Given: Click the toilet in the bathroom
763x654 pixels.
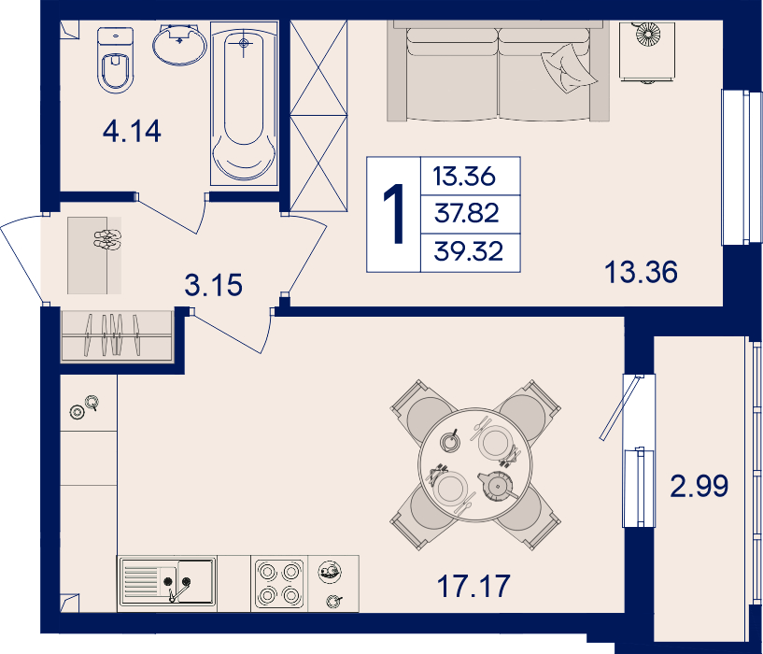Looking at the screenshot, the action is point(115,60).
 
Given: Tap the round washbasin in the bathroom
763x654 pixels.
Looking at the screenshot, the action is point(179,44).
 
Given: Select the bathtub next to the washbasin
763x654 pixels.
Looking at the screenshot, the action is point(244,103).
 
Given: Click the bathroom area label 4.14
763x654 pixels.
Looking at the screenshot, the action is point(132,132).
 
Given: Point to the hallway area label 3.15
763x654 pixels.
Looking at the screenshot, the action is point(213,285).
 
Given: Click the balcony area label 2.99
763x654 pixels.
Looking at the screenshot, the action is point(699,486).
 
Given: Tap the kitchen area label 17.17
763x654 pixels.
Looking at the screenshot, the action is point(473,586).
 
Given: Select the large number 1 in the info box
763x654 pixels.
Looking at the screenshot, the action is point(394,213).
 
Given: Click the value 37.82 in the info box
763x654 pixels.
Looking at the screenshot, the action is point(467,213).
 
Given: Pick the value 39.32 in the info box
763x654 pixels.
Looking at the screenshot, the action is point(469,251).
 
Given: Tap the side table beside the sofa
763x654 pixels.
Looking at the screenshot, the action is point(647,50).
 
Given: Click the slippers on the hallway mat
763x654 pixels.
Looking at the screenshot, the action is point(107,239).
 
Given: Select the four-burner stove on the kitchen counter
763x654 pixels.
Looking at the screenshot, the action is point(279,583).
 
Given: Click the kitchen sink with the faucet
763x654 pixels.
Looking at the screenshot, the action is point(167,581).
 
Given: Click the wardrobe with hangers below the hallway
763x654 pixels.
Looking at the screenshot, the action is point(117,335).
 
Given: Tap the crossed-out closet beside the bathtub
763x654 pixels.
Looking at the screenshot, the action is point(318,116).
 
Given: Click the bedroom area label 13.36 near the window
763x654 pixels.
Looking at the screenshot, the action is point(641,272).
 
